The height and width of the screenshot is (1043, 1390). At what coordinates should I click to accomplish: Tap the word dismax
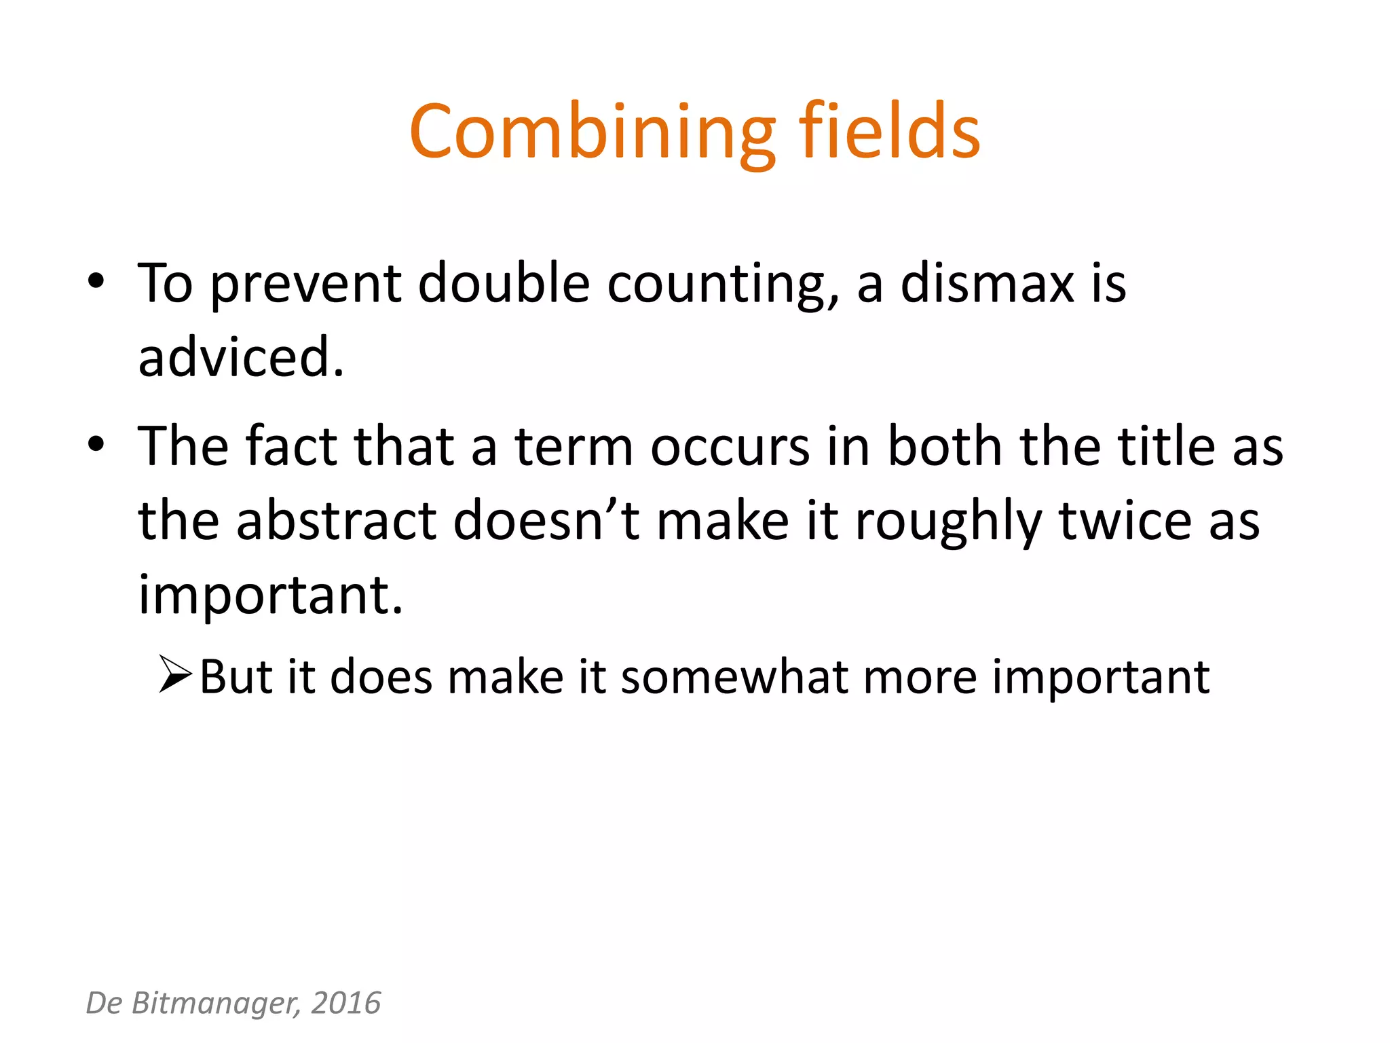987,284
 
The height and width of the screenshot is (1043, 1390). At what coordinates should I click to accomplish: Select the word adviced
241,358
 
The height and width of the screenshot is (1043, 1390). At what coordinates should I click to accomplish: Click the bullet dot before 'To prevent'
96,281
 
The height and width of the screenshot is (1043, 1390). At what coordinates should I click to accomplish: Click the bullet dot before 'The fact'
96,444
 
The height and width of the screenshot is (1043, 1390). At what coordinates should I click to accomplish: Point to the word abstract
337,521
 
